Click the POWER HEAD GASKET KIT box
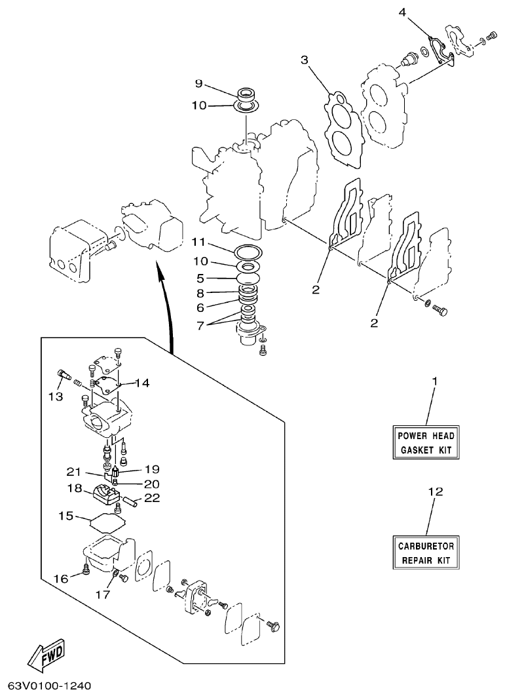tap(426, 443)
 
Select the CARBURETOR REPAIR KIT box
tap(426, 553)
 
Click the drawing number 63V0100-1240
tap(49, 686)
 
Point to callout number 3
tap(305, 60)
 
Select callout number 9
tap(199, 83)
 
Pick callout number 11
tap(199, 242)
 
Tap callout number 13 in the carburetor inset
tap(55, 397)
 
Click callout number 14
tap(142, 383)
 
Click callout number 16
tap(60, 579)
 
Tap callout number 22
tap(152, 499)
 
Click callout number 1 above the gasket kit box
tap(434, 381)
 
